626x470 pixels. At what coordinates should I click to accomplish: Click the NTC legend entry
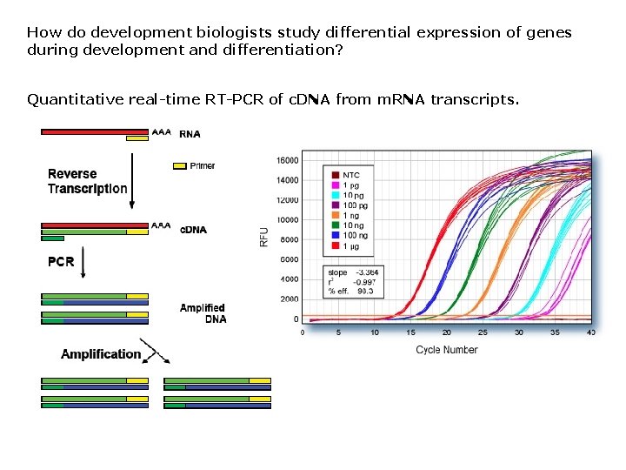[351, 175]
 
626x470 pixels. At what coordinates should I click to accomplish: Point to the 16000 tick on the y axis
[287, 160]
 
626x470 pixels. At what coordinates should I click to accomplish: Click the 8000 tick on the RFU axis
[289, 240]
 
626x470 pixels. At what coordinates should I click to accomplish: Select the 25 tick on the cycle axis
[483, 332]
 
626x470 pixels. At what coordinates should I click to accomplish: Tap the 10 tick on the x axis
[375, 332]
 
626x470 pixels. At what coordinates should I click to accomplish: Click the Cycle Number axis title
[447, 350]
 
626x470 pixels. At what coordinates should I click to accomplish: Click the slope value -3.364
[366, 273]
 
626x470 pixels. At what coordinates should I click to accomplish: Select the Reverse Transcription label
[87, 181]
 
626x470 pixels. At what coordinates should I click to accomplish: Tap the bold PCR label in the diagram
[61, 261]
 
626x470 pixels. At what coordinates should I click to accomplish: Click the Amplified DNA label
[203, 313]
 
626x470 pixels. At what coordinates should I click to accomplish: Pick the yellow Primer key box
[180, 165]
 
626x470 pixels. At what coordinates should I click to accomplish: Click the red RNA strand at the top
[94, 132]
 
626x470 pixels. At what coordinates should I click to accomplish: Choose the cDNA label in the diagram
[193, 230]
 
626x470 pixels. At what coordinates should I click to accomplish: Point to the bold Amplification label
[101, 353]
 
